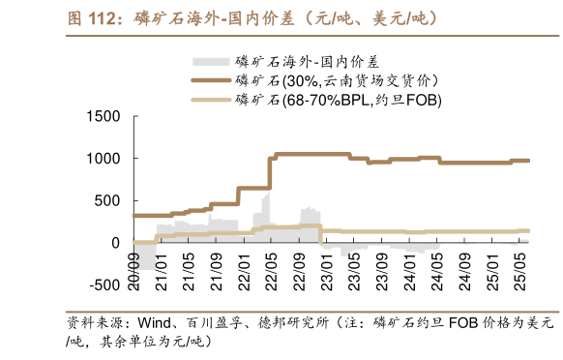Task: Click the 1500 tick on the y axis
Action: click(104, 117)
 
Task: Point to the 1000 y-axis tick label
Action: click(104, 159)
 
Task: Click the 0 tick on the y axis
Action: click(116, 243)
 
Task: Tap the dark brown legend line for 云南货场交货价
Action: click(213, 81)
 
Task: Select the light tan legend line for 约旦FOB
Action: click(213, 100)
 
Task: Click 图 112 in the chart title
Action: click(91, 17)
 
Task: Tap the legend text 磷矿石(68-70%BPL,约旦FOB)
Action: click(338, 100)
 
